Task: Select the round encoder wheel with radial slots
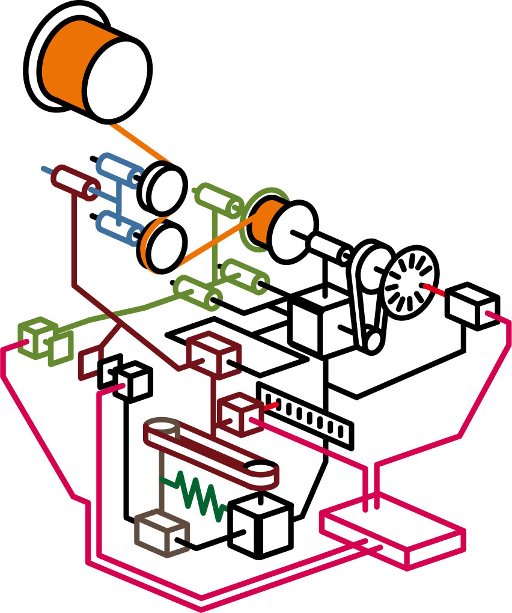pos(412,280)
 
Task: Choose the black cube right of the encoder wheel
pos(472,306)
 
